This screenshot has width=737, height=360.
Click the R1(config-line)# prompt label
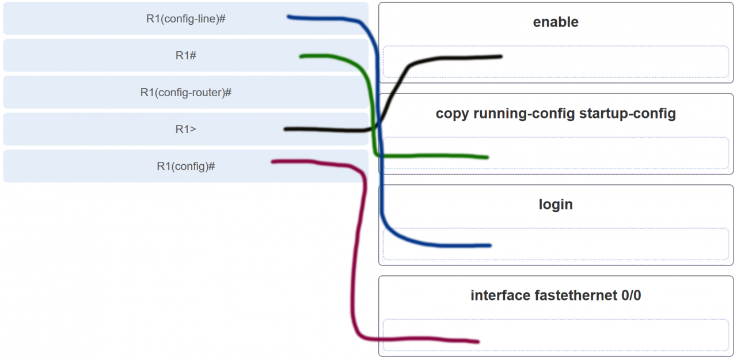pyautogui.click(x=185, y=19)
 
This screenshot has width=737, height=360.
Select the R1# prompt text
pyautogui.click(x=186, y=56)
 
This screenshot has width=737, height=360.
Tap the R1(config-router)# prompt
pyautogui.click(x=185, y=92)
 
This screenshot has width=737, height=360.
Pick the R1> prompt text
pyautogui.click(x=185, y=130)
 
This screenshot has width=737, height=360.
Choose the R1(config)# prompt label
pyautogui.click(x=185, y=166)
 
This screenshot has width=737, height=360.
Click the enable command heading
pyautogui.click(x=556, y=22)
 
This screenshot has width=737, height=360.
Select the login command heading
pyautogui.click(x=556, y=204)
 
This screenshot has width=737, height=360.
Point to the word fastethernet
pyautogui.click(x=576, y=296)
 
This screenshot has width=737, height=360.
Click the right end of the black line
pyautogui.click(x=501, y=56)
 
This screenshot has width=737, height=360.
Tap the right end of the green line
pyautogui.click(x=487, y=157)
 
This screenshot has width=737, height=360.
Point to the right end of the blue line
pyautogui.click(x=490, y=245)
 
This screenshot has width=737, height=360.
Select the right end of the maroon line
pyautogui.click(x=478, y=342)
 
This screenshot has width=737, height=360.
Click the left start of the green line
pyautogui.click(x=301, y=56)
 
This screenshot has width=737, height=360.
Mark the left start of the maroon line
pyautogui.click(x=273, y=162)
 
